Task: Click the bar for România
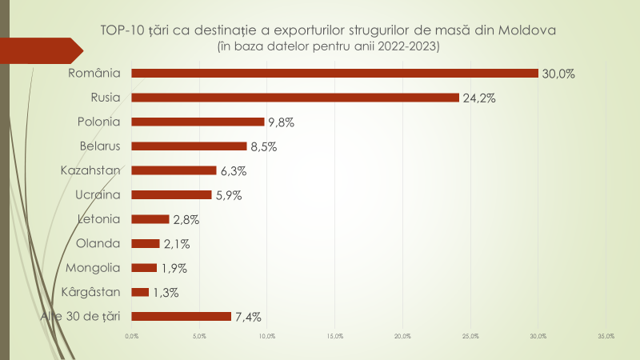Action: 334,74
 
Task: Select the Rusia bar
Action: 295,98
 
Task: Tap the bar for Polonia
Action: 198,122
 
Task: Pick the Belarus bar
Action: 189,146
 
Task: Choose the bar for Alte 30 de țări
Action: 181,316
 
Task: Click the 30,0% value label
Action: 558,74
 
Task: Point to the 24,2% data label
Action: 480,98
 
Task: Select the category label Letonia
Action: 98,219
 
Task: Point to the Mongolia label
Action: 94,268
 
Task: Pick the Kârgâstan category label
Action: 90,292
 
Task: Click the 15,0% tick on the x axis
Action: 335,336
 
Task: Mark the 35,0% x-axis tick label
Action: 606,336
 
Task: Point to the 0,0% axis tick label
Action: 132,336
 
